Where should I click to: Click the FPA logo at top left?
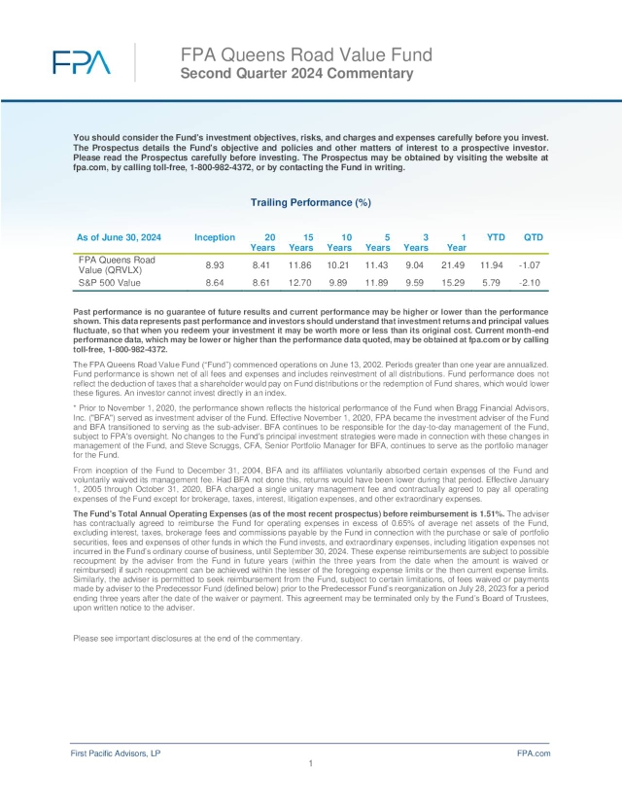point(82,63)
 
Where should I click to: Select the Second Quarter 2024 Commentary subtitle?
point(296,73)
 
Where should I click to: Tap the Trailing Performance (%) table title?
point(310,202)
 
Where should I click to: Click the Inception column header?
point(214,237)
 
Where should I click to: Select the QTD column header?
point(533,237)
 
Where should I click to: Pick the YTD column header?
point(495,237)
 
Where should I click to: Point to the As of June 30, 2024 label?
point(119,237)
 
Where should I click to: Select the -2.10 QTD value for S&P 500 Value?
point(533,283)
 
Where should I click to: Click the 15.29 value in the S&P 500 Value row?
point(456,283)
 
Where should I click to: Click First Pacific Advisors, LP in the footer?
point(116,753)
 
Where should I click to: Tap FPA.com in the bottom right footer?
point(534,753)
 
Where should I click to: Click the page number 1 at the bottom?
point(309,764)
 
